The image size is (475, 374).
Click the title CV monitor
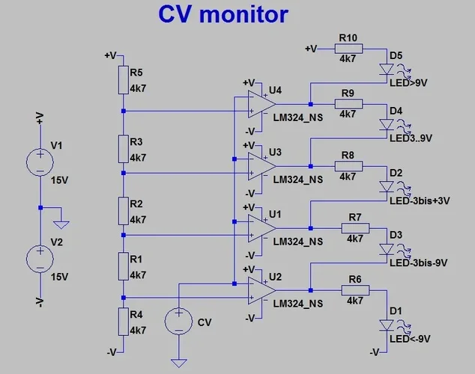(x=223, y=14)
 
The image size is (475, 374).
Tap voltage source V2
(x=40, y=259)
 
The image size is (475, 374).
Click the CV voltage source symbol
(x=178, y=322)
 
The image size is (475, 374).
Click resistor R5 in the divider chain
(x=123, y=80)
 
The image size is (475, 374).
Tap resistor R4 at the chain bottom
(x=123, y=321)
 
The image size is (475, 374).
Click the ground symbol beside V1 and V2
(x=62, y=223)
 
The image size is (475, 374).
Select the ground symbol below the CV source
(x=178, y=363)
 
